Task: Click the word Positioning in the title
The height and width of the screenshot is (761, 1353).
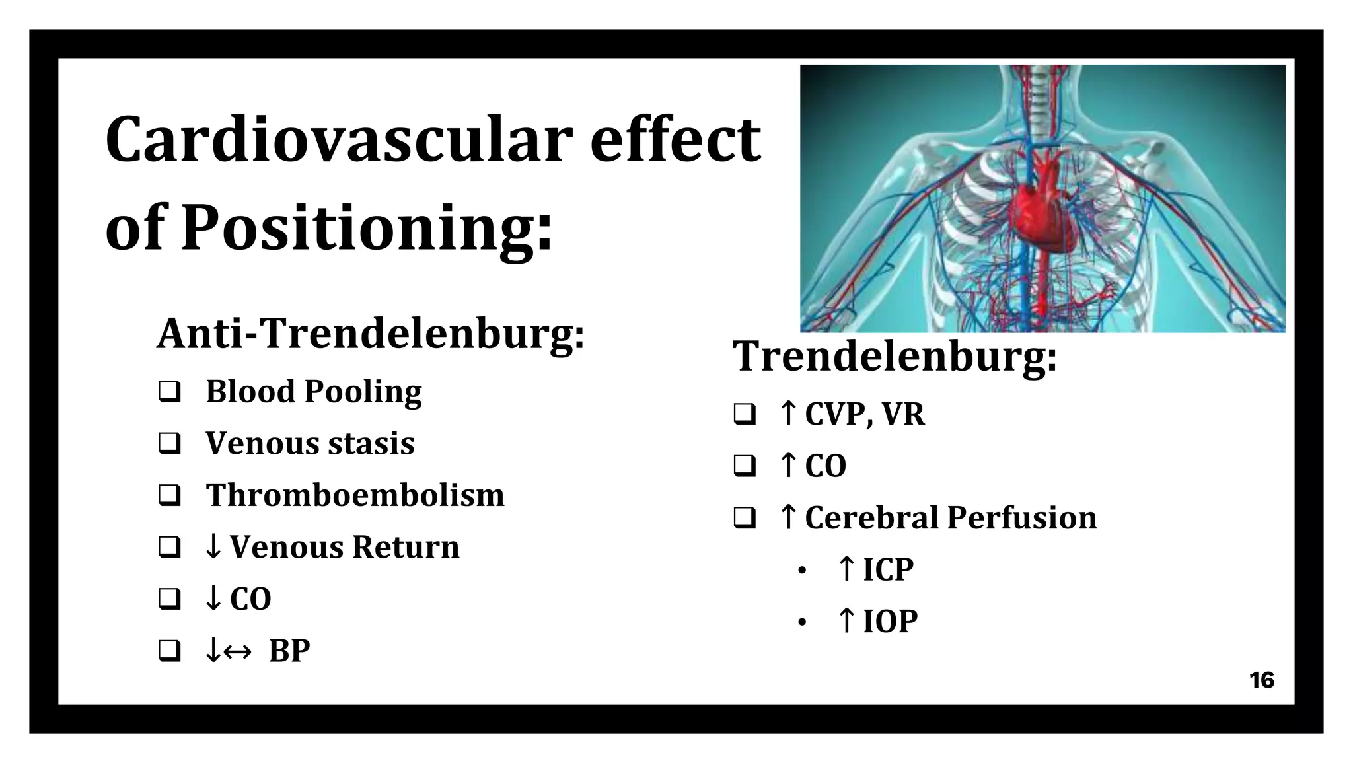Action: pos(367,229)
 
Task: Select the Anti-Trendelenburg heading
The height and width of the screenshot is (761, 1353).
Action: pos(371,334)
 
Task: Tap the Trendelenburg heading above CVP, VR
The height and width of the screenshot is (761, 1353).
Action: pos(895,356)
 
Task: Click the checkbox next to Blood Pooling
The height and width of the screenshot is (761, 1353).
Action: pos(170,392)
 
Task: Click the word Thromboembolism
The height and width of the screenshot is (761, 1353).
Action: pos(355,495)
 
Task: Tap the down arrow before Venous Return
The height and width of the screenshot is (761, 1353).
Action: pos(213,547)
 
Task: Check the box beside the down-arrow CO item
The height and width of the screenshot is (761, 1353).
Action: pos(170,599)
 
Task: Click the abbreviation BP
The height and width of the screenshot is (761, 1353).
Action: pos(289,651)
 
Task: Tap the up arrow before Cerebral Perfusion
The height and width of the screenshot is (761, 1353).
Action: pos(787,517)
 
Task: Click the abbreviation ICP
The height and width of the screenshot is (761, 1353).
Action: pos(888,569)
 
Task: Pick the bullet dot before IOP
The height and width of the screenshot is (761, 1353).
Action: pos(802,622)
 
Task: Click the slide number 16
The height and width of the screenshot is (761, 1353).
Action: pos(1261,680)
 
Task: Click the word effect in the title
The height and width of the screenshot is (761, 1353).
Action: pos(675,140)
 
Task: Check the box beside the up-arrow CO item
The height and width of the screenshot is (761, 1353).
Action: pos(745,466)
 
